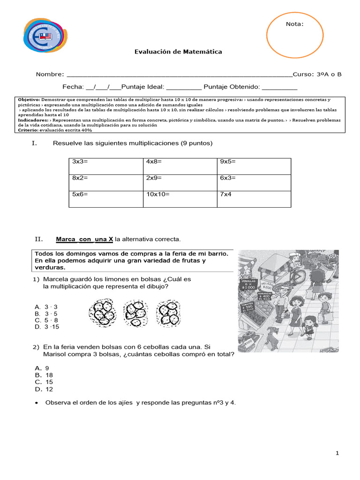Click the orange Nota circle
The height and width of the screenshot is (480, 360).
coord(294,34)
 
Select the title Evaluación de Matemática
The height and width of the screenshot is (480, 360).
coord(179,52)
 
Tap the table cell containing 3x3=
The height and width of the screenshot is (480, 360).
coord(106,166)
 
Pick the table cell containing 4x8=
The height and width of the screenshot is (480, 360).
coord(180,166)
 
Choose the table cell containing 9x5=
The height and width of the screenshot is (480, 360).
coord(254,166)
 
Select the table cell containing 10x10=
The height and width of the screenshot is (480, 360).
coord(180,199)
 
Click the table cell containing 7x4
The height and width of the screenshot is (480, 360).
coord(254,199)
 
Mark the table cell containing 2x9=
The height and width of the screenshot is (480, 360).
coord(180,182)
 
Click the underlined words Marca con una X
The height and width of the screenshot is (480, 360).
coord(84,240)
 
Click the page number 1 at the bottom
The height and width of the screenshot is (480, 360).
coord(337,453)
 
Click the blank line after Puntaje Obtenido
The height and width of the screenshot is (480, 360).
coord(279,87)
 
